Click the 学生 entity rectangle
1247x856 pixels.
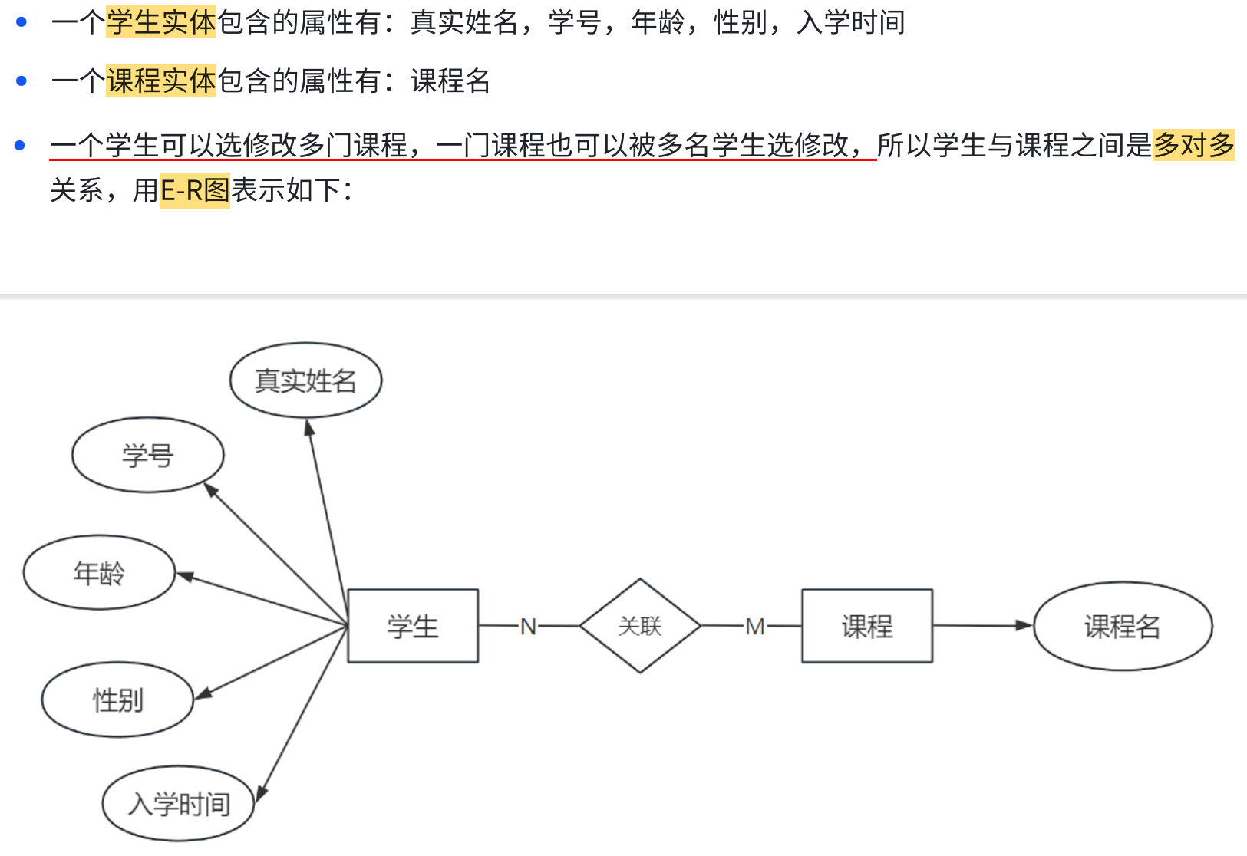click(x=413, y=626)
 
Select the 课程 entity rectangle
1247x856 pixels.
click(x=867, y=626)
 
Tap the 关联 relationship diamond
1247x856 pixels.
click(x=640, y=626)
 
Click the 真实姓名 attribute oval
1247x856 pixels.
click(x=305, y=380)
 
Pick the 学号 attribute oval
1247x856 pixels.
click(x=148, y=455)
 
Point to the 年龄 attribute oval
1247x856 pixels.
click(x=99, y=572)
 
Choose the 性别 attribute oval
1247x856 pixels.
click(x=117, y=700)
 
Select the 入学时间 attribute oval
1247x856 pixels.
click(x=178, y=803)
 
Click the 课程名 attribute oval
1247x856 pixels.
click(x=1123, y=626)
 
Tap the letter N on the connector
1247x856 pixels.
click(x=528, y=627)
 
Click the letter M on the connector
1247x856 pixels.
click(x=754, y=627)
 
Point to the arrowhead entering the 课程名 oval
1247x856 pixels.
click(x=1024, y=626)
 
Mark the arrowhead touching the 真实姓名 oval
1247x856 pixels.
click(x=309, y=428)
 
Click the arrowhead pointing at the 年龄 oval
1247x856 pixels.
click(x=185, y=576)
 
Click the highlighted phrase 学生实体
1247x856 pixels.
click(x=161, y=22)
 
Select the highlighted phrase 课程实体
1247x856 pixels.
click(x=161, y=81)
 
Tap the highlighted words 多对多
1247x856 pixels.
click(x=1193, y=144)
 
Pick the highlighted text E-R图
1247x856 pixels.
click(x=194, y=190)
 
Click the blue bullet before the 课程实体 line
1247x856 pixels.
click(x=21, y=81)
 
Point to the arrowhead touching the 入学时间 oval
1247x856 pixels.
click(x=261, y=794)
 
